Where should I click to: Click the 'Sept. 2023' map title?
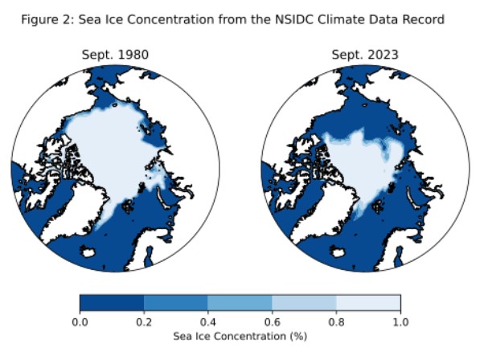pyautogui.click(x=365, y=55)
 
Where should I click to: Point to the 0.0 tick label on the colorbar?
pyautogui.click(x=80, y=321)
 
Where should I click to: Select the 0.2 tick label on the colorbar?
pyautogui.click(x=144, y=321)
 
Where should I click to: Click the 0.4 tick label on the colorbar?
pyautogui.click(x=208, y=321)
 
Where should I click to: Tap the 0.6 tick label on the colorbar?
pyautogui.click(x=272, y=321)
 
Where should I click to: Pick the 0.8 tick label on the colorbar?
pyautogui.click(x=336, y=321)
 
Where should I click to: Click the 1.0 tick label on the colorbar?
pyautogui.click(x=400, y=321)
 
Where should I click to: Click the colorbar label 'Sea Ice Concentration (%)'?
pyautogui.click(x=240, y=336)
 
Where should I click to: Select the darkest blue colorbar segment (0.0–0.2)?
pyautogui.click(x=112, y=302)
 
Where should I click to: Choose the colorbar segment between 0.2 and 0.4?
pyautogui.click(x=176, y=302)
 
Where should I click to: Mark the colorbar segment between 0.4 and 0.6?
pyautogui.click(x=240, y=302)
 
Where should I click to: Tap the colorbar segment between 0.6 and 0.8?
pyautogui.click(x=304, y=302)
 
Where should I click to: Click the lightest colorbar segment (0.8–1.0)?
pyautogui.click(x=368, y=302)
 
